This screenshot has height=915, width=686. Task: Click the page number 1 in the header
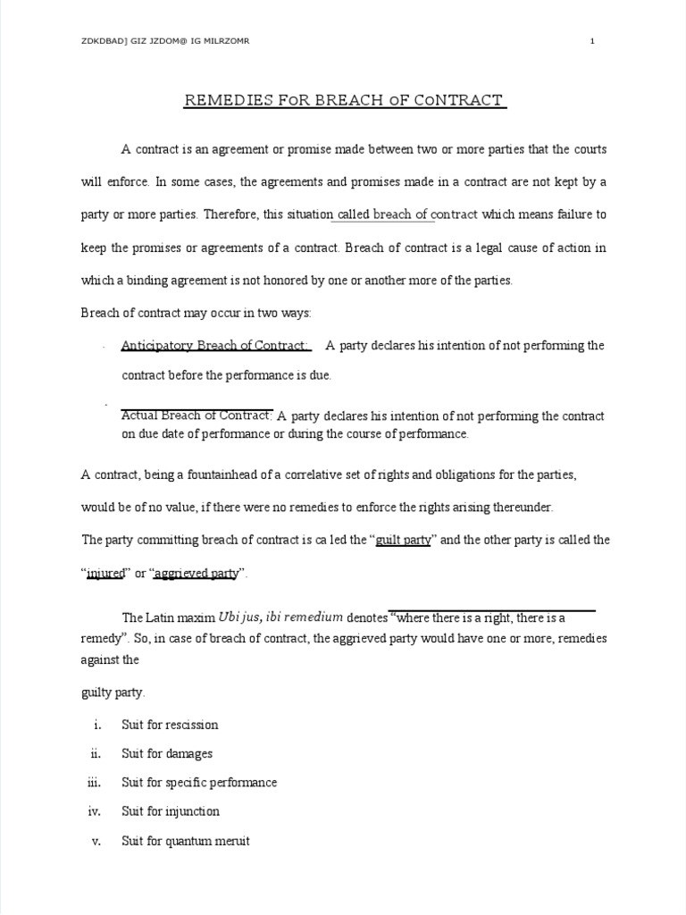pyautogui.click(x=592, y=41)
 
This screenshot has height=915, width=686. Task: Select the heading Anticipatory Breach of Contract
pyautogui.click(x=215, y=346)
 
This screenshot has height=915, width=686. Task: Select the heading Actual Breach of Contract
pyautogui.click(x=197, y=416)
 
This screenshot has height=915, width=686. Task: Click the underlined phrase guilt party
pyautogui.click(x=404, y=540)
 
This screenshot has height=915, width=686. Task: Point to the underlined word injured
pyautogui.click(x=105, y=574)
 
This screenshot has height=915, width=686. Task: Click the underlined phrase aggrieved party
pyautogui.click(x=196, y=574)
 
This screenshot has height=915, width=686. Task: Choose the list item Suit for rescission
pyautogui.click(x=170, y=725)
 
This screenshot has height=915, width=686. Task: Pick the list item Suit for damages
pyautogui.click(x=167, y=753)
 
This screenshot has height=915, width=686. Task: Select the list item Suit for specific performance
pyautogui.click(x=199, y=783)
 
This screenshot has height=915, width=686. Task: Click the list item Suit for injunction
pyautogui.click(x=171, y=811)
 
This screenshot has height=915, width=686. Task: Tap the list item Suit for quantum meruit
pyautogui.click(x=186, y=841)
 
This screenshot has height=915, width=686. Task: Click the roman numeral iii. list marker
pyautogui.click(x=96, y=783)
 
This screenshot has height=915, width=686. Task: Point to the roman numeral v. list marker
pyautogui.click(x=97, y=841)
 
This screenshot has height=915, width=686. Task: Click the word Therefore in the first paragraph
pyautogui.click(x=228, y=214)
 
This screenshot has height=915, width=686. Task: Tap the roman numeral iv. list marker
pyautogui.click(x=96, y=811)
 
